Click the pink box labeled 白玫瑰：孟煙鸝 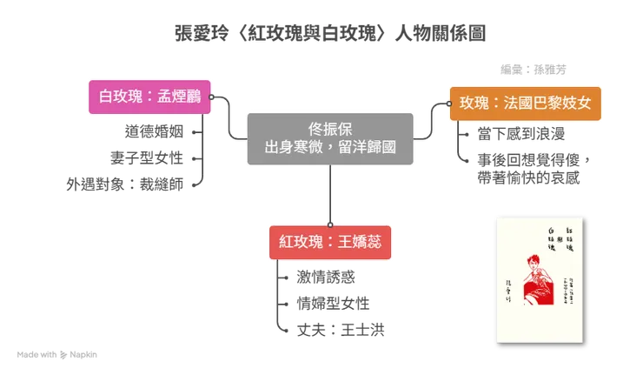point(150,97)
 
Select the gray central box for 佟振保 point(331,137)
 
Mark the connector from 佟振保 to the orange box point(429,122)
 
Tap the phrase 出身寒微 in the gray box point(292,147)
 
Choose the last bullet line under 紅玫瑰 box point(337,329)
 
